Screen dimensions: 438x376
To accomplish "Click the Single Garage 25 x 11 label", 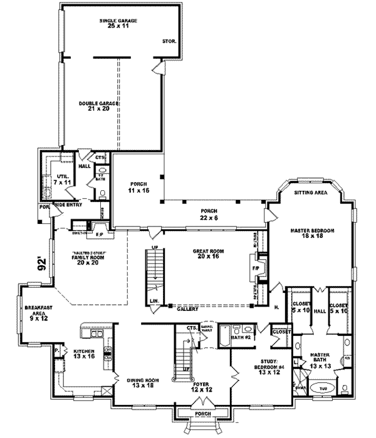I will pos(118,24).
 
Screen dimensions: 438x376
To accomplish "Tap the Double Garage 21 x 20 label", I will pos(95,106).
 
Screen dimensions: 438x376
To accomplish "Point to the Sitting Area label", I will pos(312,194).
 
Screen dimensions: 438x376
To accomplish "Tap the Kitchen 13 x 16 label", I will pos(83,355).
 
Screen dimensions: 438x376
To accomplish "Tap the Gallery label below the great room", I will pos(187,309).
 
